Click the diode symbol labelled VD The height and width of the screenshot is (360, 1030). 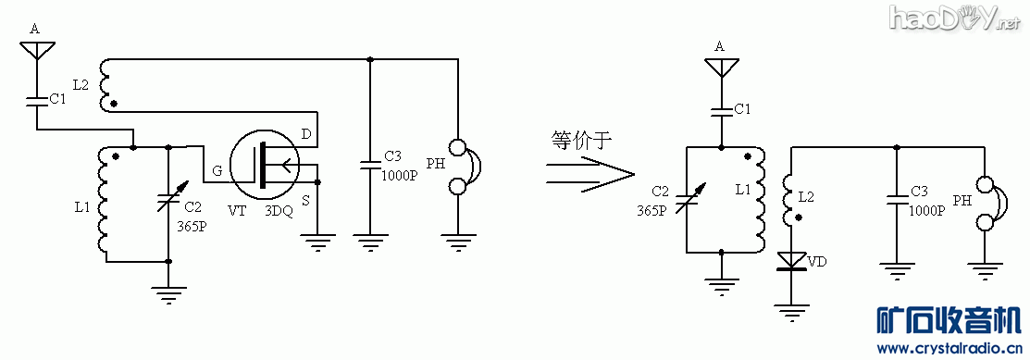789,262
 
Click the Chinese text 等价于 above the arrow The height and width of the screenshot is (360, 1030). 580,139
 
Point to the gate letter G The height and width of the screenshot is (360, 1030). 217,171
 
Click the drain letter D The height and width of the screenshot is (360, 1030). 306,136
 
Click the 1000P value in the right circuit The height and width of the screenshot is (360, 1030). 927,210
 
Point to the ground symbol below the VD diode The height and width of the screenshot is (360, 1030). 789,309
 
